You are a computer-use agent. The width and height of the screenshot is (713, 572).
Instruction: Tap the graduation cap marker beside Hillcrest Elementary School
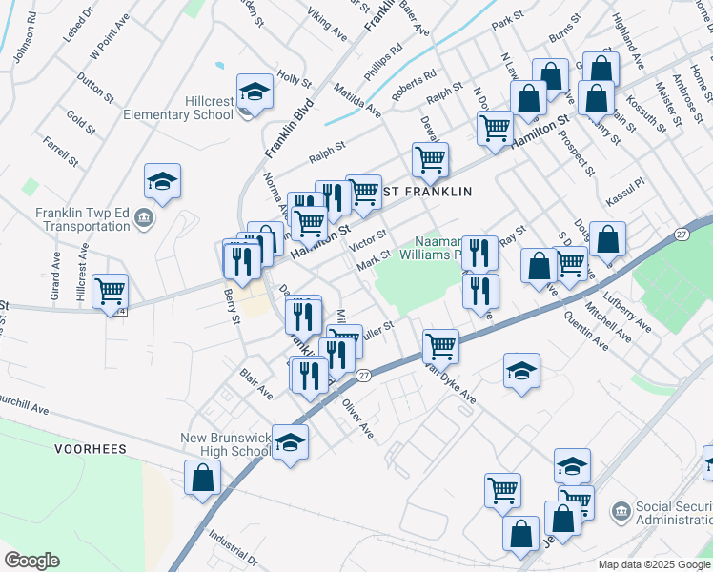tap(255, 92)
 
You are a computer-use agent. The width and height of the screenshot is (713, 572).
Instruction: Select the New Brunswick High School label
tap(225, 445)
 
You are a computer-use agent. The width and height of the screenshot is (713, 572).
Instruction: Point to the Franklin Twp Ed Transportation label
tap(83, 219)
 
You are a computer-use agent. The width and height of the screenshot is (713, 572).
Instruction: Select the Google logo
tap(31, 561)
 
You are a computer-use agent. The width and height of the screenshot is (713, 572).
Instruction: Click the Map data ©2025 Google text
tap(653, 564)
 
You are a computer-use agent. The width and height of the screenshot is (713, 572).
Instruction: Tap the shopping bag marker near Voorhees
tap(202, 478)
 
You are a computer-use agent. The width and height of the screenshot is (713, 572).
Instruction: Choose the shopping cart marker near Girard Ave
tap(111, 291)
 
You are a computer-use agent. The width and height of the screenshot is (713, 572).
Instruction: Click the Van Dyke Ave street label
tap(451, 383)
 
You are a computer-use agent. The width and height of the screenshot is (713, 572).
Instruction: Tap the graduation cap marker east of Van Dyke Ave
tap(521, 371)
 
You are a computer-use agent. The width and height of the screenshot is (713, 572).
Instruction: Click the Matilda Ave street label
tap(357, 100)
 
